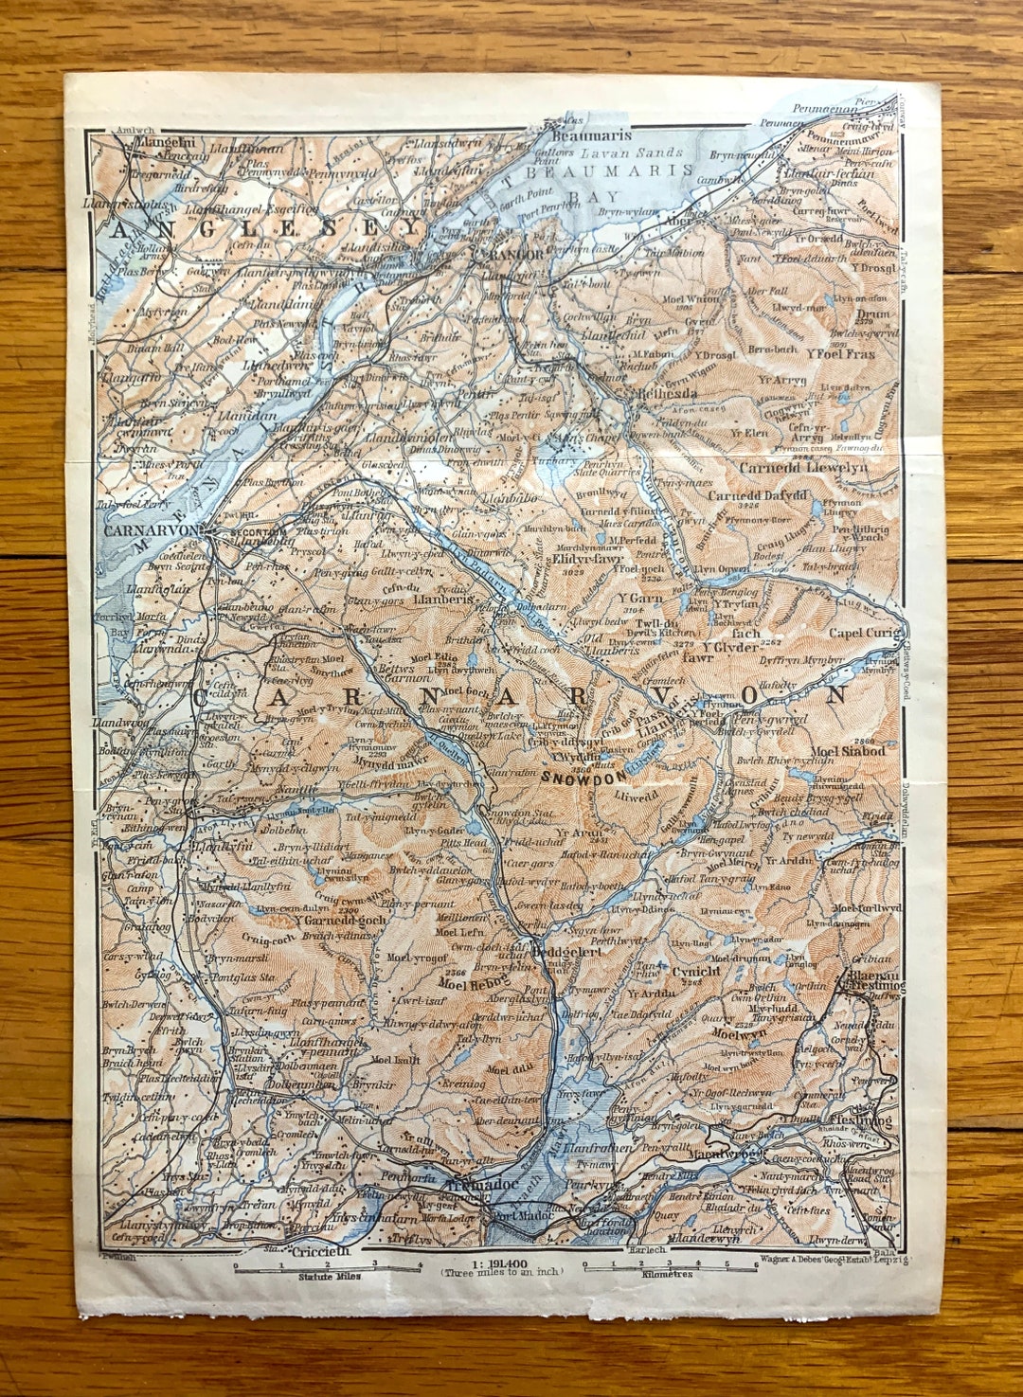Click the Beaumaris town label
coord(578,136)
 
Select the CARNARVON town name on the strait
coord(152,530)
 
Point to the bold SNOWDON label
coord(584,777)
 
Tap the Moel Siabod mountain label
coord(848,751)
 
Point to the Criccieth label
coord(320,1250)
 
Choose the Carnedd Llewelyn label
coord(803,467)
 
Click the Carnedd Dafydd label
coord(758,495)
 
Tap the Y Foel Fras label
coord(840,353)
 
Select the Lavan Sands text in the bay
coord(632,153)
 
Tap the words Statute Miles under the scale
coord(328,1276)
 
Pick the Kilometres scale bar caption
coord(667,1274)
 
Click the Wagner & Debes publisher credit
coord(833,1260)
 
